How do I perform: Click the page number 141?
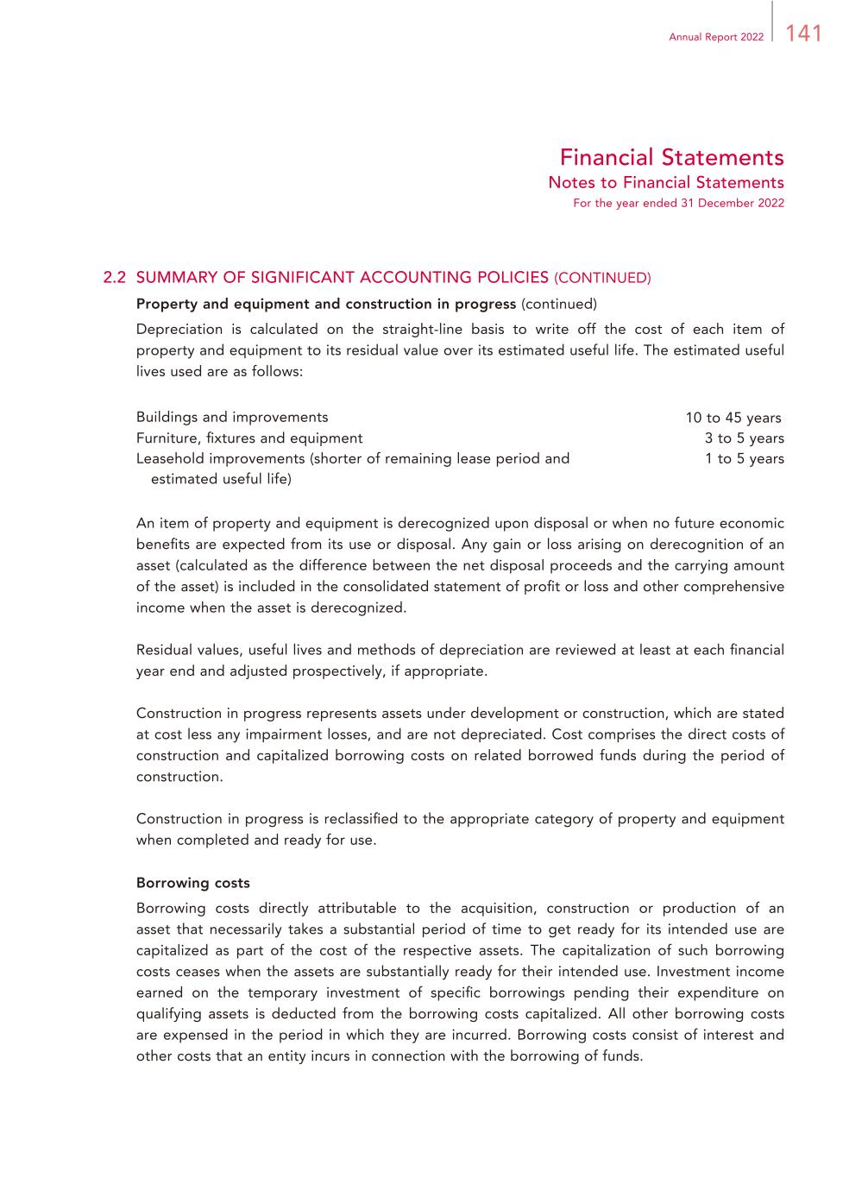pos(804,34)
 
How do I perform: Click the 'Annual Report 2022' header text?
pos(716,37)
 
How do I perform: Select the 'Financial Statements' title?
pos(671,158)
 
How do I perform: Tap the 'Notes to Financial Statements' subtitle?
pos(666,182)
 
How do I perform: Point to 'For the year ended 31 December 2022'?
pos(678,204)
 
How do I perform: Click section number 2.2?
pos(115,278)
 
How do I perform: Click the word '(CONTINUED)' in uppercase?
pos(602,278)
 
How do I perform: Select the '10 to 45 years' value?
pos(733,418)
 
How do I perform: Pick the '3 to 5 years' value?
pos(744,438)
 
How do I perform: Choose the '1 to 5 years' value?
pos(744,459)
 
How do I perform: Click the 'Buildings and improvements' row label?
pos(232,418)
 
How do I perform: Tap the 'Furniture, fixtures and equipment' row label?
pos(249,438)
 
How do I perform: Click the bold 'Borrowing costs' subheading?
pos(193,883)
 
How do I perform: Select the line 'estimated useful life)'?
pos(221,479)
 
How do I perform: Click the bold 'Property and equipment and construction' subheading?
pos(326,304)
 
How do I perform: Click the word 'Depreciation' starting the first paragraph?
pos(179,329)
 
